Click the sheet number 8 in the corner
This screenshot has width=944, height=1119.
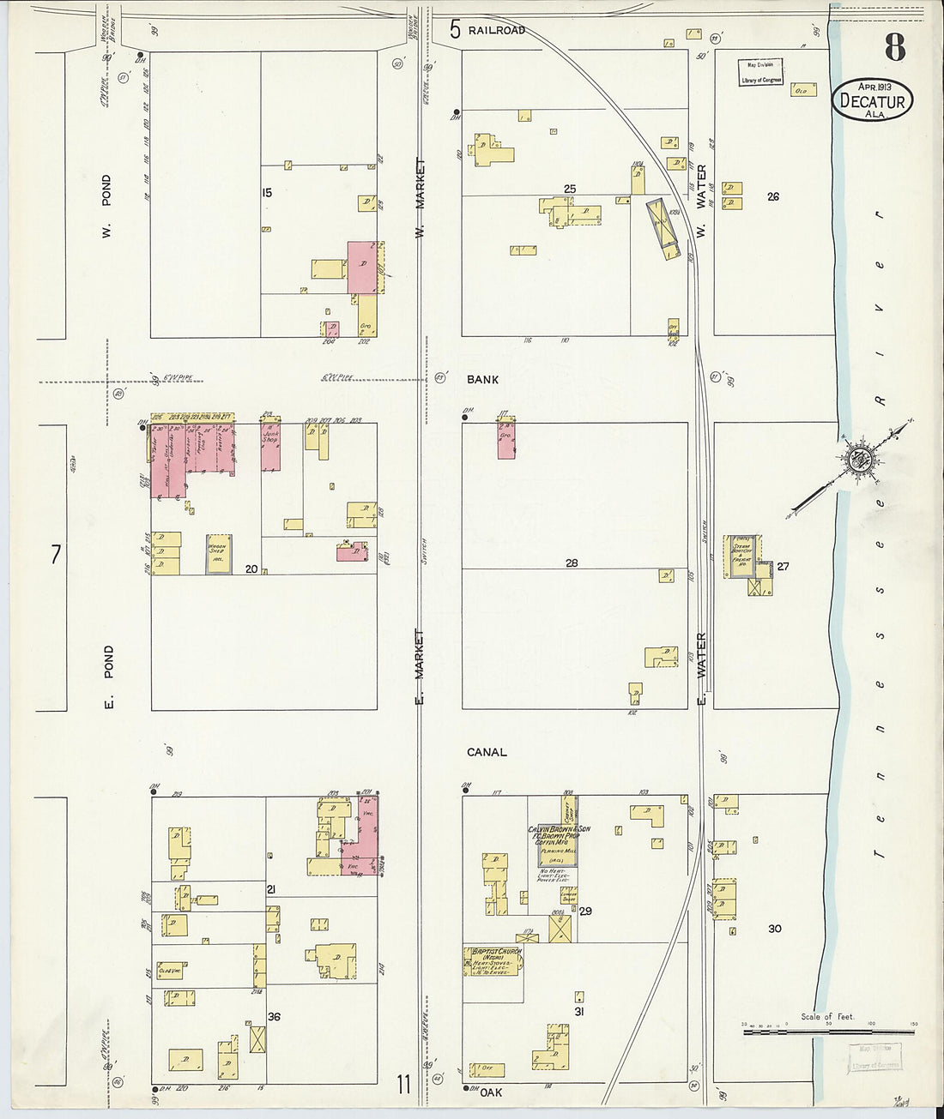pos(895,48)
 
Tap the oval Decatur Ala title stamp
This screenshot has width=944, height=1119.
pos(873,100)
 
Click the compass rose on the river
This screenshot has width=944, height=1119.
pos(856,459)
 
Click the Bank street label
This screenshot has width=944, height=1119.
pos(482,379)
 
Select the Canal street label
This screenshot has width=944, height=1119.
pos(487,752)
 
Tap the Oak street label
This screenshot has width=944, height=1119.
pos(491,1092)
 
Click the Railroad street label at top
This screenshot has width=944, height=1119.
pos(496,31)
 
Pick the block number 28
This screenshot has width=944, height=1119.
pos(572,563)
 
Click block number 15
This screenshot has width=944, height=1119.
pos(267,193)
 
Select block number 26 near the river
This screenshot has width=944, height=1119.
pos(772,196)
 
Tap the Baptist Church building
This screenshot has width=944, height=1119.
pos(493,963)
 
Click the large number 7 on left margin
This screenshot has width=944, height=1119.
pos(56,555)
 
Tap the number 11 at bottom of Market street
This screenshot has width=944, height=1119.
pos(403,1085)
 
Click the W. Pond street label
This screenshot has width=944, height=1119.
pos(106,206)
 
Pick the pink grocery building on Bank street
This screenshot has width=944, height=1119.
pos(505,440)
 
